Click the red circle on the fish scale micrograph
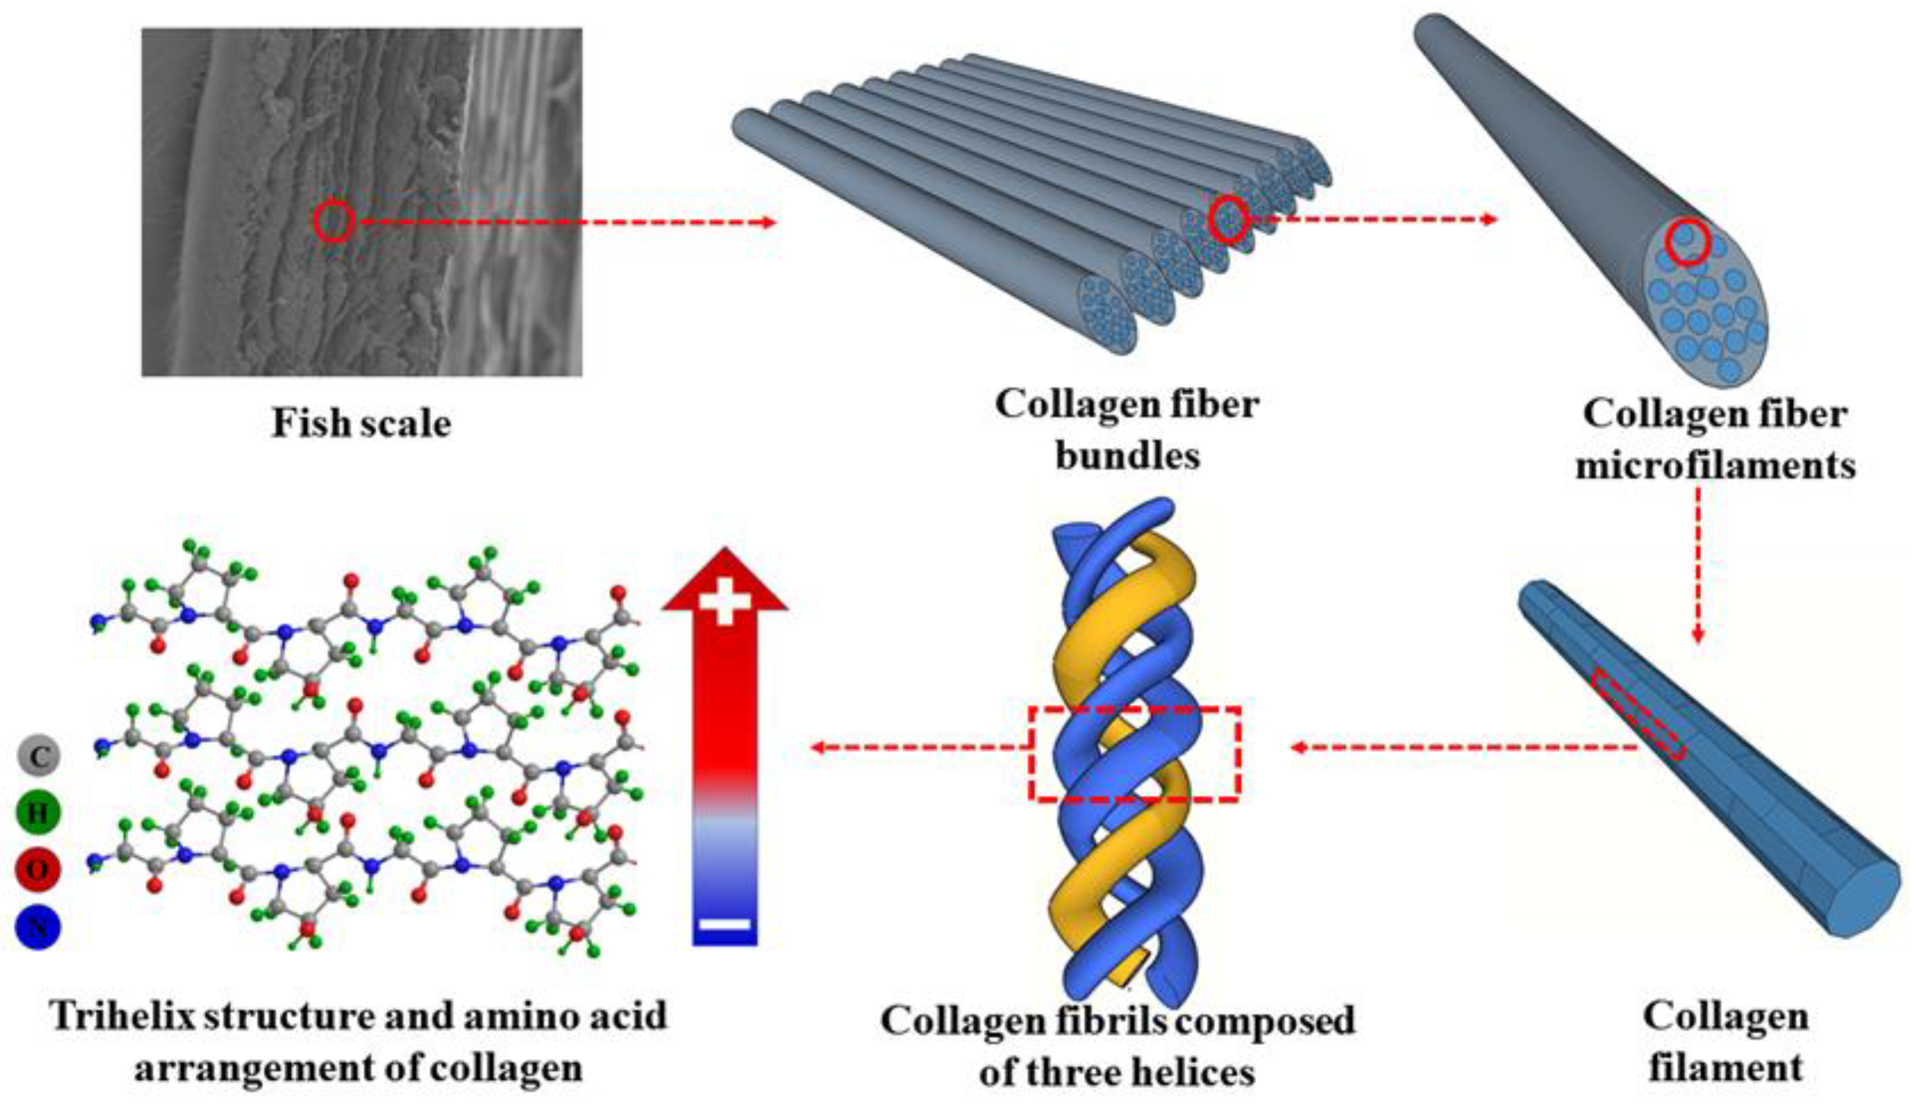(334, 221)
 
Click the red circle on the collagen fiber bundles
(1227, 220)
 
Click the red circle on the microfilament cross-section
(1687, 242)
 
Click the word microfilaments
(1716, 465)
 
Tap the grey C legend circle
(38, 756)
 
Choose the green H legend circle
(38, 812)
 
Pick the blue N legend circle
(38, 927)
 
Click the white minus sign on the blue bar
(725, 925)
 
